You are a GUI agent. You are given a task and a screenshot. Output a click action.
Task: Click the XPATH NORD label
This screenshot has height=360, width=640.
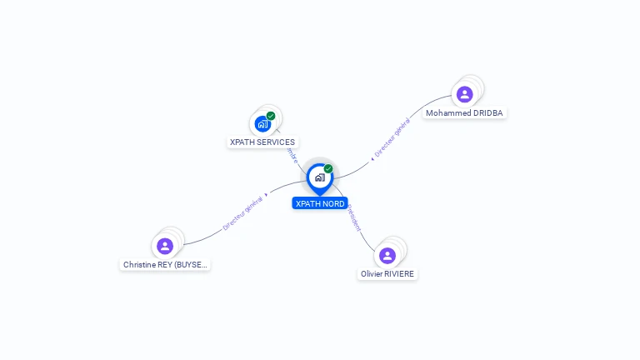(x=320, y=203)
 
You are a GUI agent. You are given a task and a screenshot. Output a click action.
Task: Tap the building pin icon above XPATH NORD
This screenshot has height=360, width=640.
(x=319, y=177)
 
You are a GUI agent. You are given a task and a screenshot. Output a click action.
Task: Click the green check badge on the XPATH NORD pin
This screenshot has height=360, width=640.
(x=328, y=169)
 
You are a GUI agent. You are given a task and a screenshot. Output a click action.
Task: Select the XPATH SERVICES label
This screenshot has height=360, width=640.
(x=262, y=142)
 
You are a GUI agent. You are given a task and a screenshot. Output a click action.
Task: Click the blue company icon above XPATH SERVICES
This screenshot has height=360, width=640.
(x=262, y=124)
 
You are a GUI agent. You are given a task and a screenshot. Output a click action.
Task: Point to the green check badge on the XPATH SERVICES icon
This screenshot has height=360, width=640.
(x=271, y=116)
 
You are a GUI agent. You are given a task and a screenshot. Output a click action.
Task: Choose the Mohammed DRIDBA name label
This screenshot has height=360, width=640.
(x=464, y=113)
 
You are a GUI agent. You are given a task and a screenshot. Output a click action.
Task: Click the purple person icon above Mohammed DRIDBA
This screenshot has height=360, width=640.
(x=464, y=94)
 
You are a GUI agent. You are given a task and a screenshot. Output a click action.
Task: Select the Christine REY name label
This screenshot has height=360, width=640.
(x=165, y=265)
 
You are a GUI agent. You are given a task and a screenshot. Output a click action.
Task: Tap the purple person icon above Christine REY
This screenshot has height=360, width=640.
(x=165, y=246)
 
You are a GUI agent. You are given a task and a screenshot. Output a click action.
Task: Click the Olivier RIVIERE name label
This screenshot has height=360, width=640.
(x=387, y=274)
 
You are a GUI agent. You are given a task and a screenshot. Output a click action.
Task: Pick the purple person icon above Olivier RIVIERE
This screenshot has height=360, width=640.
(x=387, y=255)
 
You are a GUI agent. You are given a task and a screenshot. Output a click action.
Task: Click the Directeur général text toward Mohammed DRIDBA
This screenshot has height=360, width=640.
(x=392, y=138)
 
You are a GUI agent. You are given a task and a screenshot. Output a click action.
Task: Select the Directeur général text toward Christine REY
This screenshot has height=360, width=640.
(x=243, y=212)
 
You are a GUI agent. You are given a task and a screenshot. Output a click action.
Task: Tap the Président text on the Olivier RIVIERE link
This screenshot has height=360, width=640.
(x=355, y=217)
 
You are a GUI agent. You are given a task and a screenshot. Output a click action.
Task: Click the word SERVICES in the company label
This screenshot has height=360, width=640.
(x=276, y=142)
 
